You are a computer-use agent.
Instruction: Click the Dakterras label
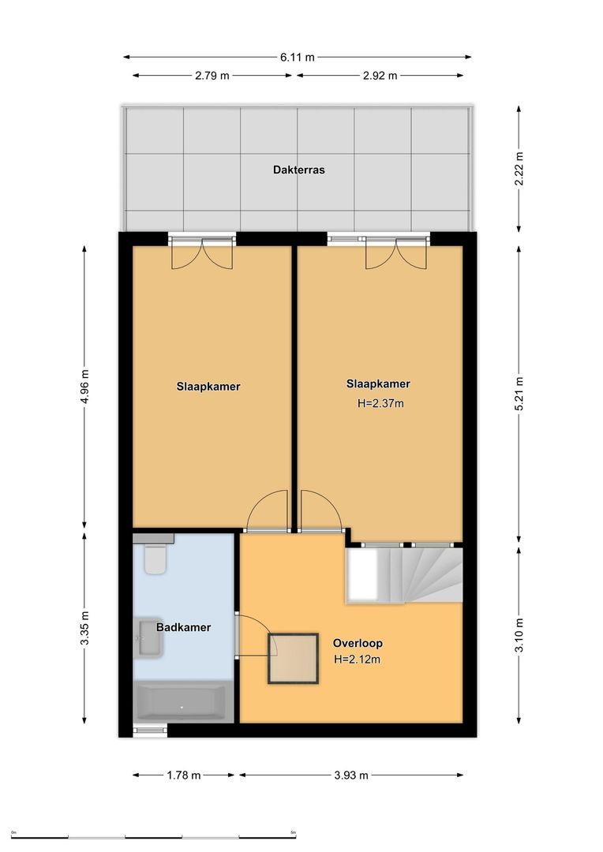tap(299, 170)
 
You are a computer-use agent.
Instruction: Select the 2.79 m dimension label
tap(212, 76)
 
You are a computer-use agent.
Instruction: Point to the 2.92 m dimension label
tap(380, 76)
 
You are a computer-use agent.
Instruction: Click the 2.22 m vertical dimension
tap(519, 168)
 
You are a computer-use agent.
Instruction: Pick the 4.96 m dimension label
tap(85, 387)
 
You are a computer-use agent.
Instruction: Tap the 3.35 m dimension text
tap(85, 628)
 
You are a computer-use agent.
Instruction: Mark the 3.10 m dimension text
tap(519, 636)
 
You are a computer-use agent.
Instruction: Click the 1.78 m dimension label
tap(184, 775)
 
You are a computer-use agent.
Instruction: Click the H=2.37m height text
tap(380, 403)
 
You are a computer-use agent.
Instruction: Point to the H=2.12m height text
tap(358, 660)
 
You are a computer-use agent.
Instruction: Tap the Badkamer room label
tap(183, 628)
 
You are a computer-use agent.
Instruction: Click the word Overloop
tap(358, 643)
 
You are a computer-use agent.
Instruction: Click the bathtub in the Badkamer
tap(182, 701)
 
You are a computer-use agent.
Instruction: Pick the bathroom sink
tap(149, 637)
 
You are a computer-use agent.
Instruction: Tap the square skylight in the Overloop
tap(294, 659)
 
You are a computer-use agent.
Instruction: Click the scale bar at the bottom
tap(154, 836)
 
